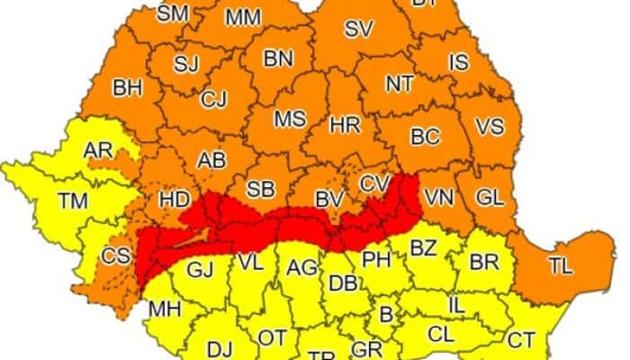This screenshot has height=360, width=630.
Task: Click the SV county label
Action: click(x=358, y=29)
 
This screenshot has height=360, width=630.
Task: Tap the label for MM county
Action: click(x=242, y=17)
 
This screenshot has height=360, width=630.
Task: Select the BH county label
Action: click(x=128, y=88)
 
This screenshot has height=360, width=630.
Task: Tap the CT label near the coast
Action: click(x=520, y=339)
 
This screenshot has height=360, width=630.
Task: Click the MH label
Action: click(x=166, y=310)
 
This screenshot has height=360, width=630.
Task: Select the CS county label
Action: click(x=115, y=256)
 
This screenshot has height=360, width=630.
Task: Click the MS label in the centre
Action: click(x=290, y=120)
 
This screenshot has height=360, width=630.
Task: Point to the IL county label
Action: click(x=457, y=305)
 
